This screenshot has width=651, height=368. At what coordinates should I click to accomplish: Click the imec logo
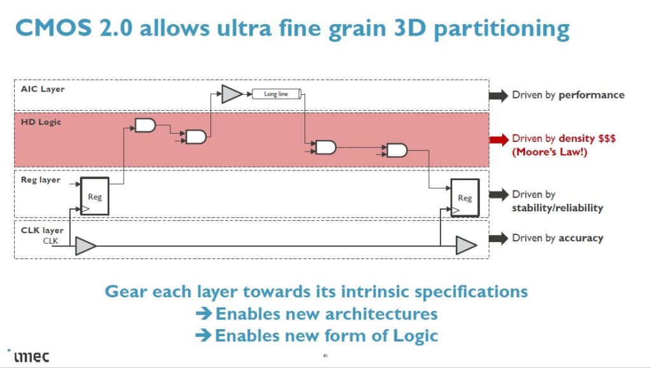[x=29, y=356]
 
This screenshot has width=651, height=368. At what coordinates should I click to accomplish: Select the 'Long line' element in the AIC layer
[x=276, y=94]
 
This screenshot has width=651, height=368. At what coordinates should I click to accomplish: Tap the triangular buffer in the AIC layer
[x=231, y=94]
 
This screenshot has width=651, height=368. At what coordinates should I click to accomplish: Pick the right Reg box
[x=465, y=197]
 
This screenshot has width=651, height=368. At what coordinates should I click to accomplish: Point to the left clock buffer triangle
[x=85, y=246]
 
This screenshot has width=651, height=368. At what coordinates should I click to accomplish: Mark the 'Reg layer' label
[x=41, y=180]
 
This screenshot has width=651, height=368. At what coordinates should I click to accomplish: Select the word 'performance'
[x=591, y=96]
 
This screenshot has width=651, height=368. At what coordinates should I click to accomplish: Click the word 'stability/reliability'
[x=558, y=208]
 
